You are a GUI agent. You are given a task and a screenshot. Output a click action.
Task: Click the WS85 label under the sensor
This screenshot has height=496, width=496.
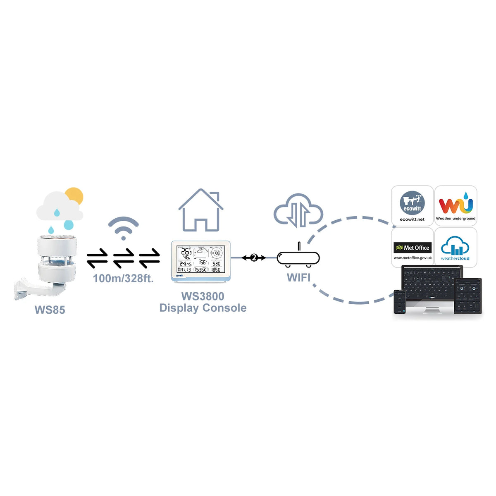(x=50, y=310)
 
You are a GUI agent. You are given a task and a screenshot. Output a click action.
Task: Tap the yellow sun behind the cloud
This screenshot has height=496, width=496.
(x=75, y=196)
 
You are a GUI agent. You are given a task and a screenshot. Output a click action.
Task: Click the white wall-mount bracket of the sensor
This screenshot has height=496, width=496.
(x=29, y=289)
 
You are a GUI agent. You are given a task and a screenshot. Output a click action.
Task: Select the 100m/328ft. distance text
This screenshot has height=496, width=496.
(x=123, y=278)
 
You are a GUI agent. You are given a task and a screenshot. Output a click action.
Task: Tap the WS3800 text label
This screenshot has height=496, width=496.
(x=203, y=296)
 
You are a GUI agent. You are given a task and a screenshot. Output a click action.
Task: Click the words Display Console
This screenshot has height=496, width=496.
(x=203, y=308)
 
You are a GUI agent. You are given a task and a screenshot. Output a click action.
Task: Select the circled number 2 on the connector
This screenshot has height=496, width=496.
(x=254, y=258)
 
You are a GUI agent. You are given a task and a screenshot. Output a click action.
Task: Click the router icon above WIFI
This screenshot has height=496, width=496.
(x=298, y=258)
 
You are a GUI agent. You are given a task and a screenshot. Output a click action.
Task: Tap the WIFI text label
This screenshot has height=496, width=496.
(x=298, y=277)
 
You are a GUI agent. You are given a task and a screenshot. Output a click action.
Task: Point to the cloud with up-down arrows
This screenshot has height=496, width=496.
(x=298, y=211)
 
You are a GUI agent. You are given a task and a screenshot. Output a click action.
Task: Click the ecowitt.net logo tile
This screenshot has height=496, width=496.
(x=412, y=206)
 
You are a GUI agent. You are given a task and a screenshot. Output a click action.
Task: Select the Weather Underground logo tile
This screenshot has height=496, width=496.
(x=455, y=206)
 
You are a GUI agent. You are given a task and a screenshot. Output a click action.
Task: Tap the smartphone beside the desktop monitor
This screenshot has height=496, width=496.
(x=399, y=301)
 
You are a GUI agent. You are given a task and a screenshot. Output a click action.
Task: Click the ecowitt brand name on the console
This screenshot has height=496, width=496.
(x=179, y=275)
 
